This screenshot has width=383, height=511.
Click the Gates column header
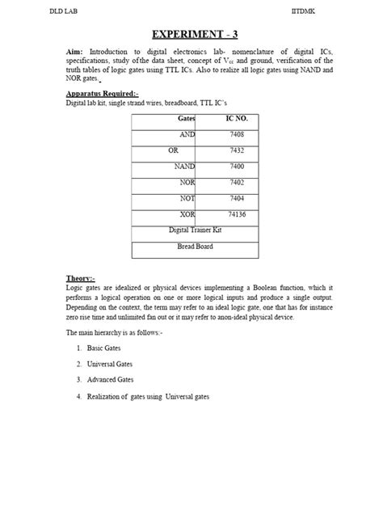187,119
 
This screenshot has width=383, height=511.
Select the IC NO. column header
236,119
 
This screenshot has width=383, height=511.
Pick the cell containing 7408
237,135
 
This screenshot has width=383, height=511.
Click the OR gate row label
150,150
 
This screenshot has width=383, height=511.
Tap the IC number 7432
237,150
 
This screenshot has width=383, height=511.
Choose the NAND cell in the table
184,167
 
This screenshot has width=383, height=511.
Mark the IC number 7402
237,183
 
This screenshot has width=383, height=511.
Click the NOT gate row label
187,198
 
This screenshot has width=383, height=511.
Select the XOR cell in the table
187,214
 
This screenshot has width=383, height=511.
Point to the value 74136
237,214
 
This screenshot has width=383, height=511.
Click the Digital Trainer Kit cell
195,230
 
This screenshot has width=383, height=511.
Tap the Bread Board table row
195,246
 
